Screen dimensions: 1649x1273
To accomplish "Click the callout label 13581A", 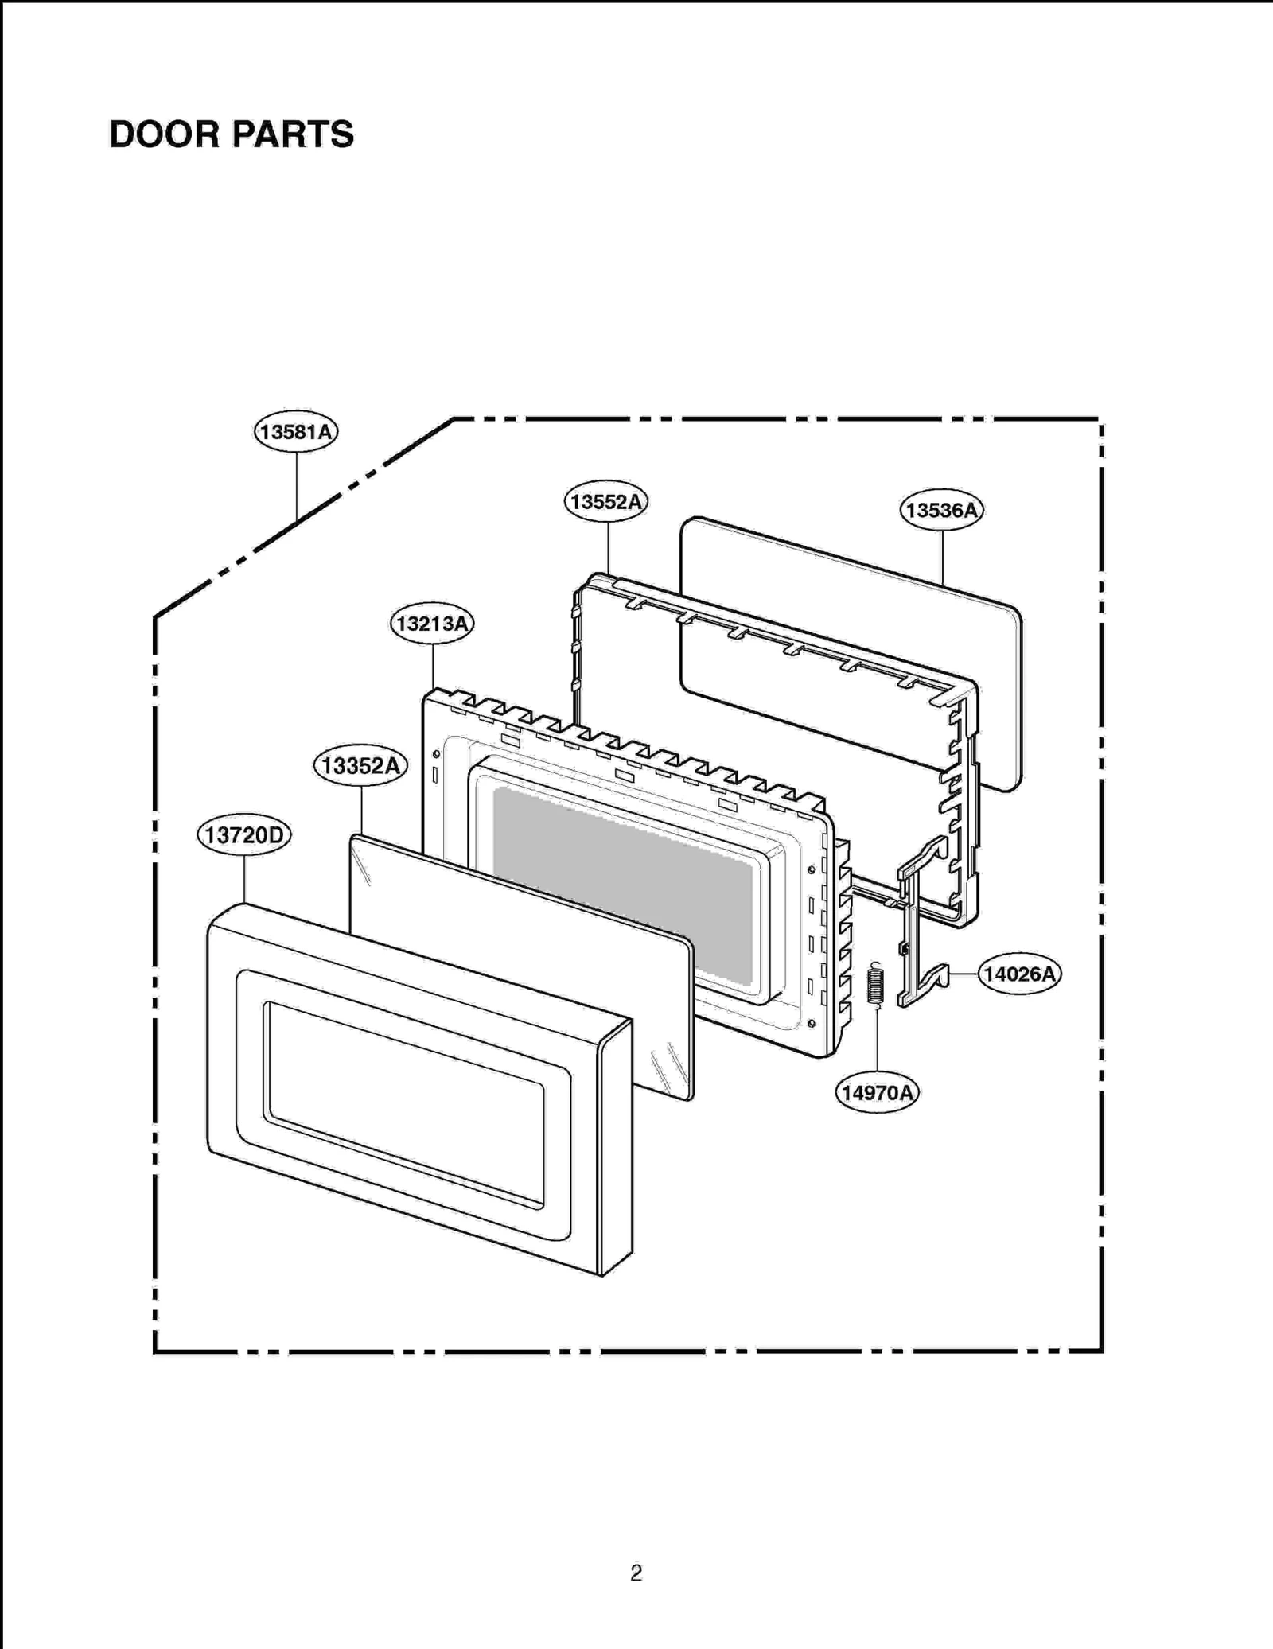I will pyautogui.click(x=296, y=432).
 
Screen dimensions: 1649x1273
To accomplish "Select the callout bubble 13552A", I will pyautogui.click(x=606, y=502).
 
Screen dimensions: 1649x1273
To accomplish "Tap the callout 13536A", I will pyautogui.click(x=941, y=510).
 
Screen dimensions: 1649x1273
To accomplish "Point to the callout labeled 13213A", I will pyautogui.click(x=432, y=624).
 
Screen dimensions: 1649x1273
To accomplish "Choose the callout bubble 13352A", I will pyautogui.click(x=360, y=766).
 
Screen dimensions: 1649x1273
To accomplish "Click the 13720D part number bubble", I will pyautogui.click(x=244, y=835).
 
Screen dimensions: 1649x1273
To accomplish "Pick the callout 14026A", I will pyautogui.click(x=1019, y=974).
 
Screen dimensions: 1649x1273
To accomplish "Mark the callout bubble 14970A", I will pyautogui.click(x=877, y=1092).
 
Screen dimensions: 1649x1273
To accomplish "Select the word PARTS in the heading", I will pyautogui.click(x=293, y=134).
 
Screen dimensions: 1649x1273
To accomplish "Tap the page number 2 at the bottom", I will pyautogui.click(x=636, y=1573).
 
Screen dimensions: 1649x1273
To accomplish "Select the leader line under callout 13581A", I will pyautogui.click(x=297, y=485).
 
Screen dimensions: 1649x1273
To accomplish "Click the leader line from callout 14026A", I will pyautogui.click(x=964, y=974).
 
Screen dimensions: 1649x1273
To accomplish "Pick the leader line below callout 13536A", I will pyautogui.click(x=943, y=557).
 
